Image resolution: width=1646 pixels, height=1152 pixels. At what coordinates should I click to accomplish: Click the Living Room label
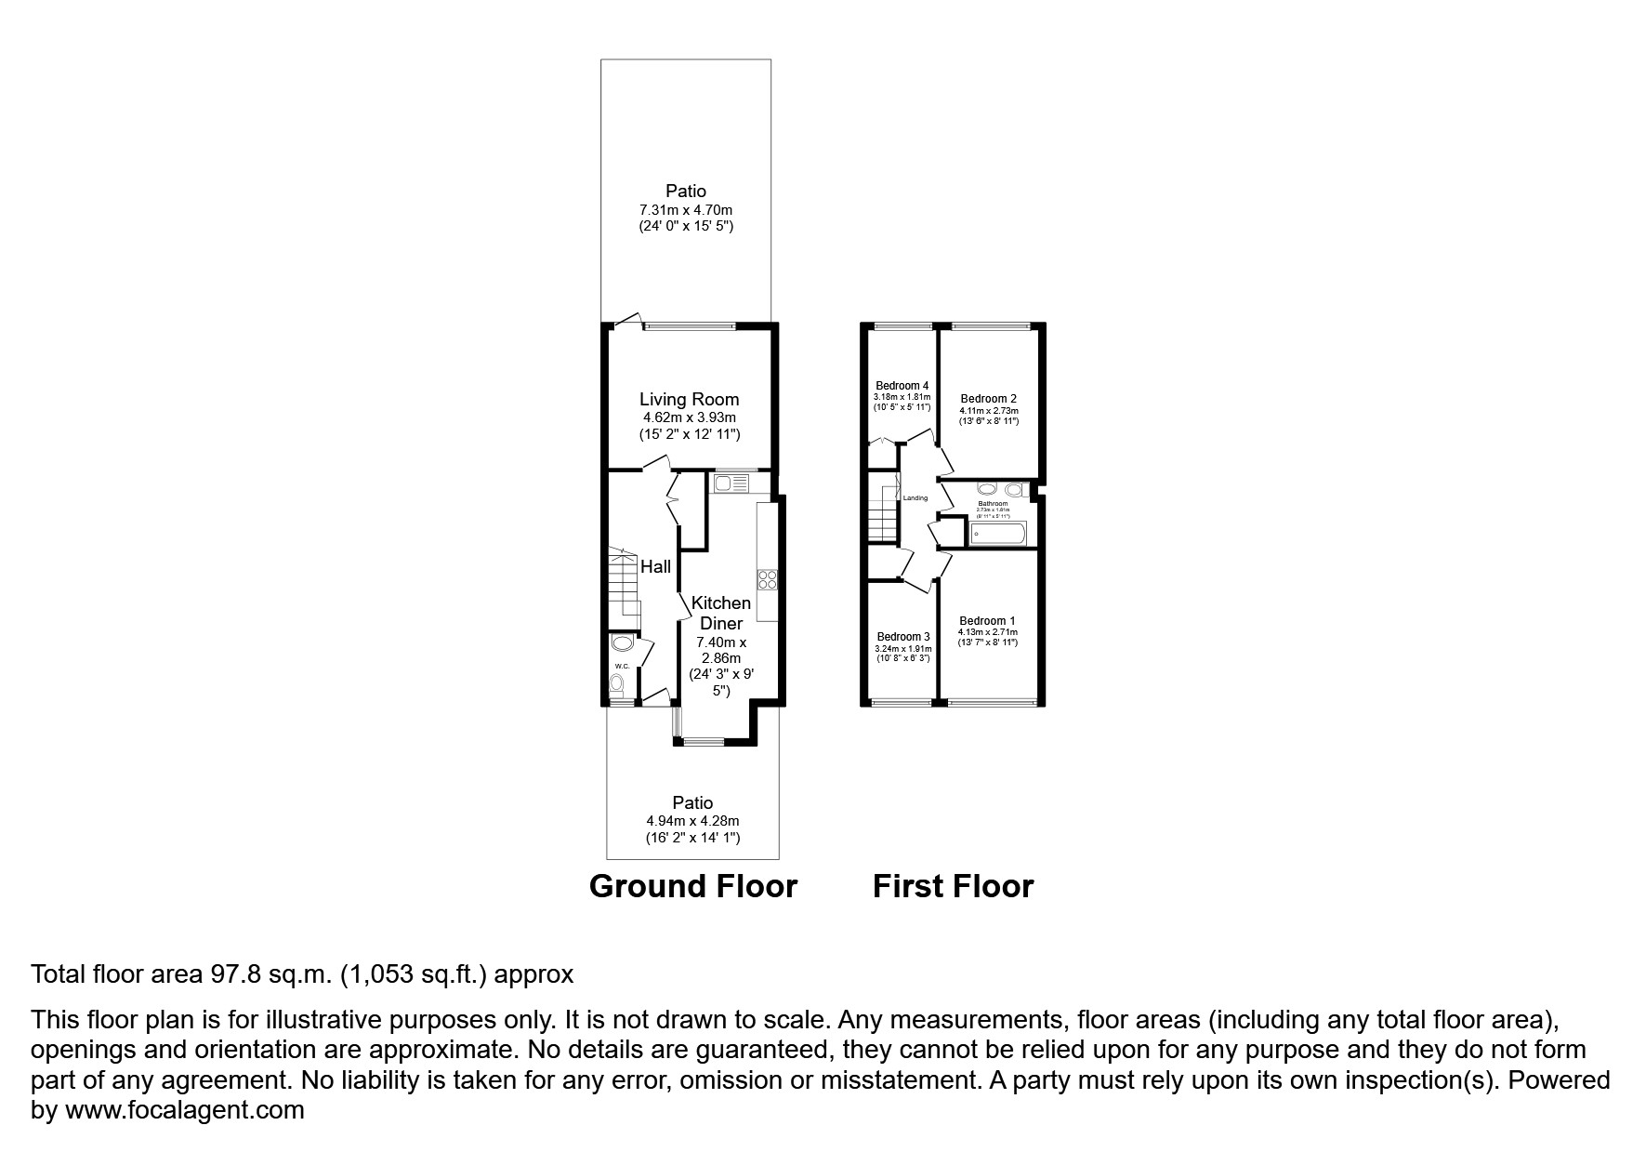(x=689, y=400)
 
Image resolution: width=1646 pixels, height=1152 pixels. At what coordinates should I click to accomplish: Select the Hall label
(x=655, y=567)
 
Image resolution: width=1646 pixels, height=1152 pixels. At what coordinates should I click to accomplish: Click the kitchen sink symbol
(x=731, y=483)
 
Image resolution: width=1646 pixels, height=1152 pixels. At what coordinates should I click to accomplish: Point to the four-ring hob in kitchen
(x=769, y=579)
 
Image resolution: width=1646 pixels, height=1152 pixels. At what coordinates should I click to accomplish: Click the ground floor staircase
(x=625, y=588)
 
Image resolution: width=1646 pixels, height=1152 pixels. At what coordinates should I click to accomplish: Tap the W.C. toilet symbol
(x=616, y=684)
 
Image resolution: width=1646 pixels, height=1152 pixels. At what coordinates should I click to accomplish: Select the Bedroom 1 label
(x=987, y=621)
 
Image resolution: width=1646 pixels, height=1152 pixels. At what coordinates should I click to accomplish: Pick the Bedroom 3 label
(x=902, y=637)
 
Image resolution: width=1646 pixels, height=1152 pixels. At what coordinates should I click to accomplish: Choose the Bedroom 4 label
(x=902, y=386)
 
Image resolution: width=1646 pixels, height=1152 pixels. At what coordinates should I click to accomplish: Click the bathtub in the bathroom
(x=997, y=534)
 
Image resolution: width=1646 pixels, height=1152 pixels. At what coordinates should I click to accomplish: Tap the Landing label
(x=915, y=498)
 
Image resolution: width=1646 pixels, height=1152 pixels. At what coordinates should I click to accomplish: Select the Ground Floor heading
(x=693, y=886)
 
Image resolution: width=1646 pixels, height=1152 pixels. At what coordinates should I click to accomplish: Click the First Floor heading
(x=953, y=886)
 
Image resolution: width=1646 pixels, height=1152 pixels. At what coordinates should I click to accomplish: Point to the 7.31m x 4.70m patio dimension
(x=686, y=210)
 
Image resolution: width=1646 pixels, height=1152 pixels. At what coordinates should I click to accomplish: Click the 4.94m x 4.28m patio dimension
(x=692, y=821)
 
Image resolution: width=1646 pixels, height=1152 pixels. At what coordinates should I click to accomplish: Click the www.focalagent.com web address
(x=183, y=1109)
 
